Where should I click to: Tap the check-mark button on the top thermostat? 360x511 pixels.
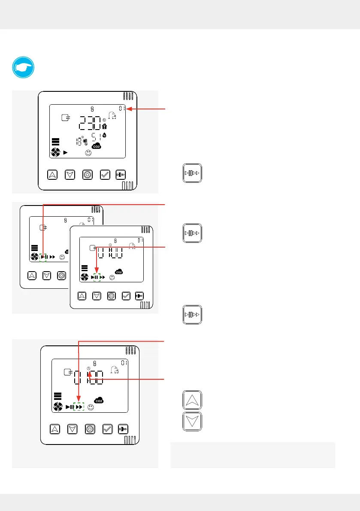(x=104, y=174)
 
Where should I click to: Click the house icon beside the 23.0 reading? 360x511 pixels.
(x=104, y=126)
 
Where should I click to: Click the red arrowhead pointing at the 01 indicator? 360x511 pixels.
(x=129, y=109)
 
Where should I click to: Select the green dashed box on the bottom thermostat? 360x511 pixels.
(x=79, y=406)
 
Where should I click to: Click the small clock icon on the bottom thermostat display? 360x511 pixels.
(x=88, y=369)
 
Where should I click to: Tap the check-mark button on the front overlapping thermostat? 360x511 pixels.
(x=126, y=295)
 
